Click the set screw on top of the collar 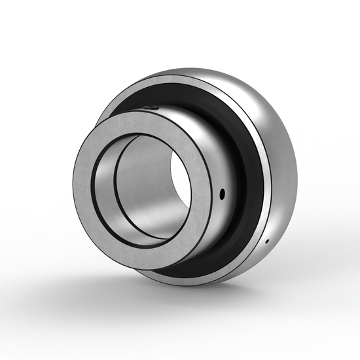point(151,107)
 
